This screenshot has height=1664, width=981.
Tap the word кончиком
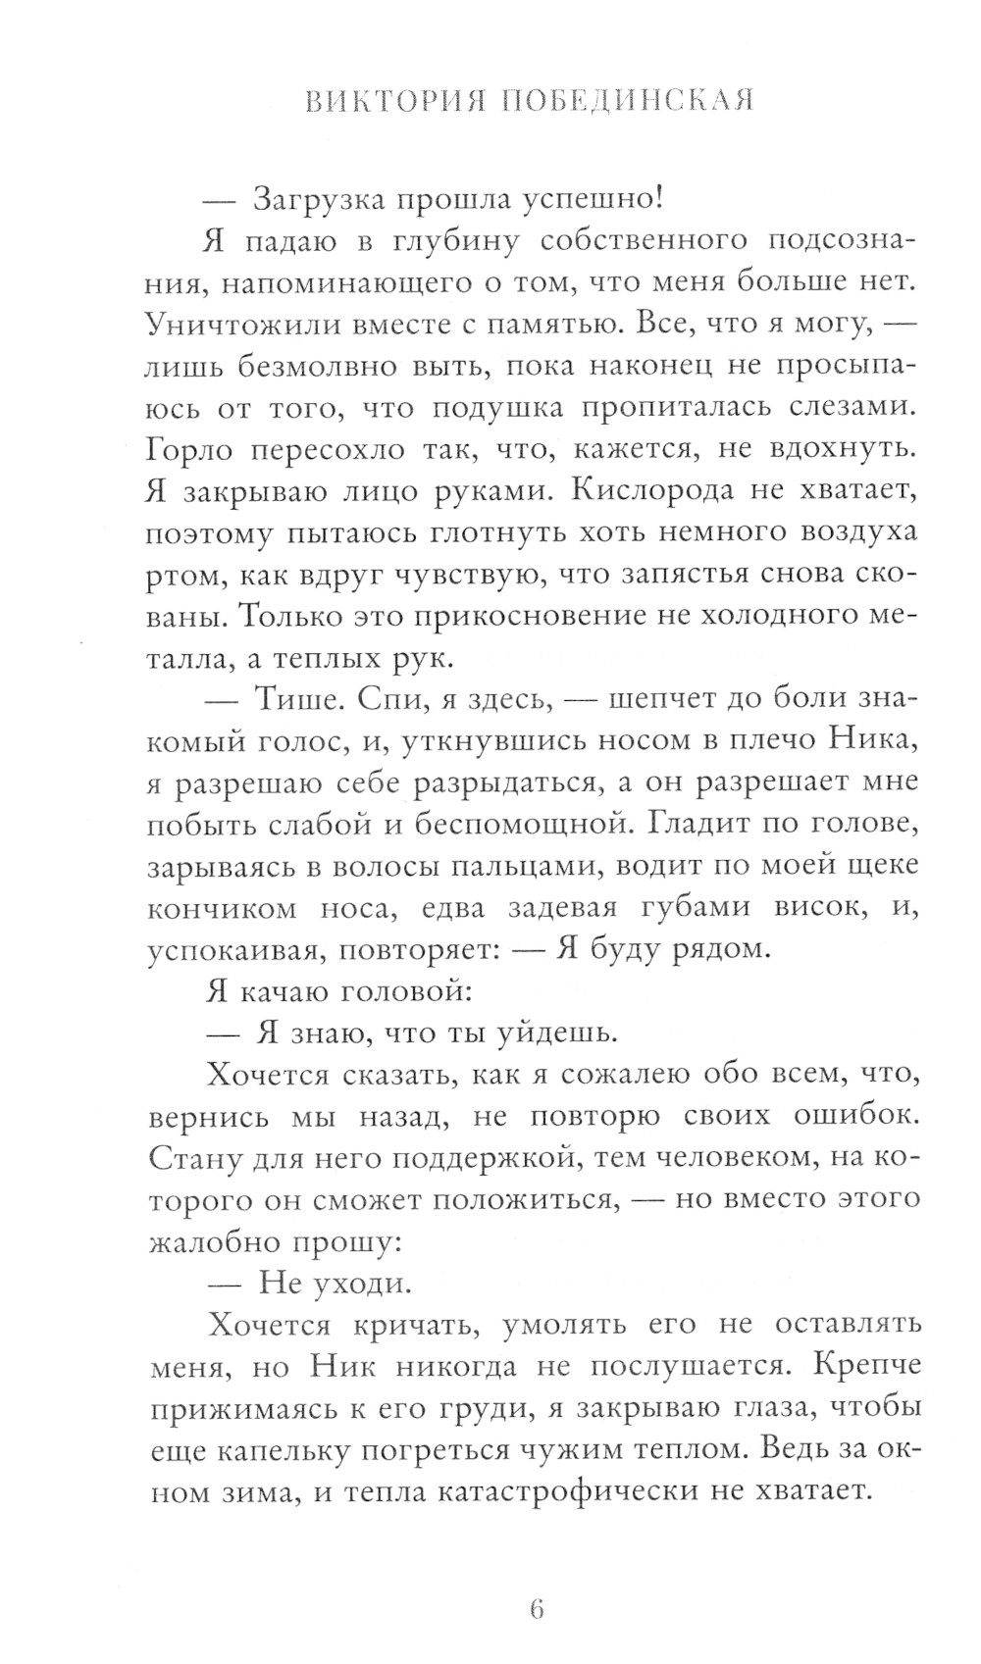point(222,907)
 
